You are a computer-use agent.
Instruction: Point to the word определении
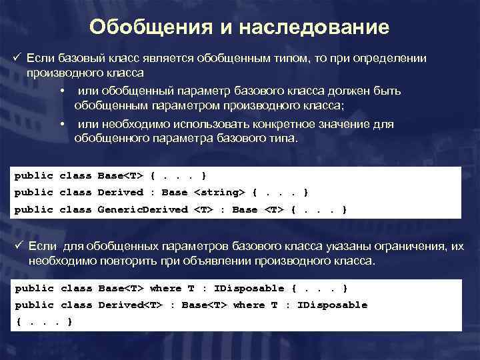393,59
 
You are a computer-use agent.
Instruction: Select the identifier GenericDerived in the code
143,209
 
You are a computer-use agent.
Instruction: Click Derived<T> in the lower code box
128,305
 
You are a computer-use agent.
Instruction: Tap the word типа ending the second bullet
283,139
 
